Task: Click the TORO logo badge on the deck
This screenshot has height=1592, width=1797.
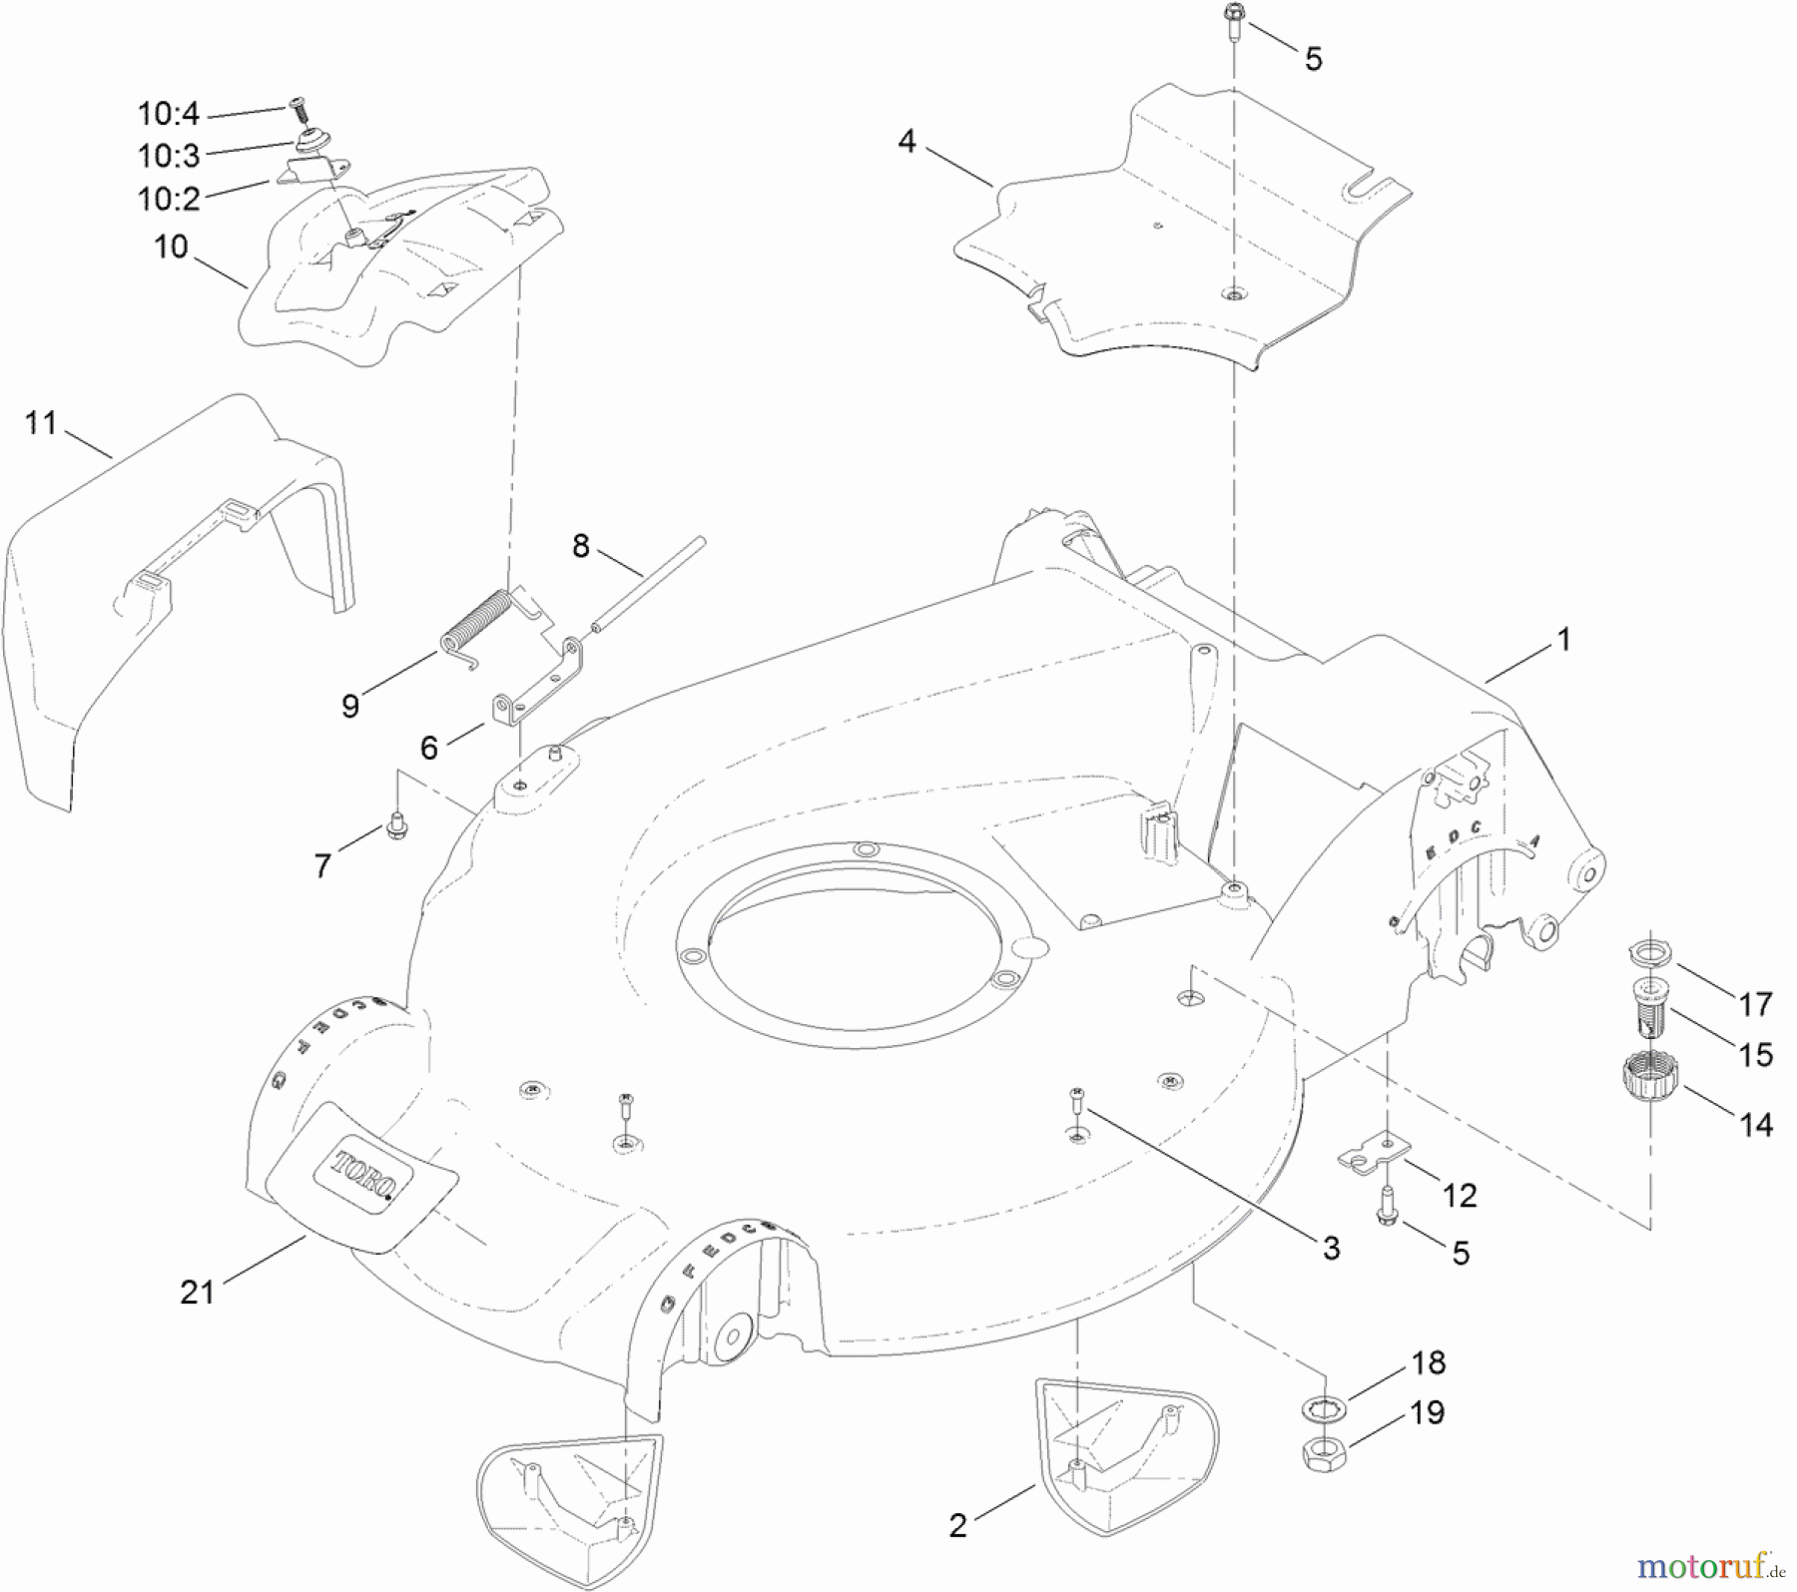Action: click(365, 1175)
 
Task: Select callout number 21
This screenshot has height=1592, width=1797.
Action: click(198, 1292)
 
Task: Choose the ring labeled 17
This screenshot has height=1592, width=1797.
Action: click(1648, 952)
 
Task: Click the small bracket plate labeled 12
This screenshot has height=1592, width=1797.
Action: click(1372, 1153)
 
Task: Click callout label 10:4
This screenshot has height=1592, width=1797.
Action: click(169, 115)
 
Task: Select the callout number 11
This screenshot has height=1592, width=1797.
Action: click(41, 423)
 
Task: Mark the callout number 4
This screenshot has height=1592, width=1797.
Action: click(905, 142)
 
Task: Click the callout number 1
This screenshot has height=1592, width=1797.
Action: click(1564, 640)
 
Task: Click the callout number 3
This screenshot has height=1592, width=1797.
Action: click(1331, 1248)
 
